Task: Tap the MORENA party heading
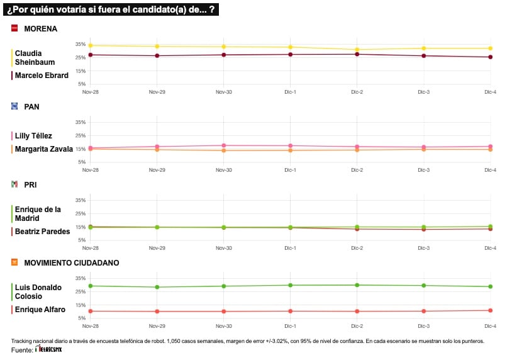point(40,29)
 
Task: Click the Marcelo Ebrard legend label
point(42,76)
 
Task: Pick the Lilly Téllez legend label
point(33,136)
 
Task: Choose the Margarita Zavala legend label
point(44,149)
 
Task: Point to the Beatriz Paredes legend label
point(42,232)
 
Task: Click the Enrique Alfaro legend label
point(40,309)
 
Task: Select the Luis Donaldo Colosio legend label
point(38,291)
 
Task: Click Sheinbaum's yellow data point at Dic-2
point(357,50)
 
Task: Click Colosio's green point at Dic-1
point(291,285)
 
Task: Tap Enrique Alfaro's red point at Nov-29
point(157,312)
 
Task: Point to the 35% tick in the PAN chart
point(80,122)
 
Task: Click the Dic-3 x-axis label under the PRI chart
point(424,248)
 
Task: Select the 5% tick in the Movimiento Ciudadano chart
point(82,318)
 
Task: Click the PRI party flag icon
point(14,184)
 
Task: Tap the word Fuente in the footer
point(21,349)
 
